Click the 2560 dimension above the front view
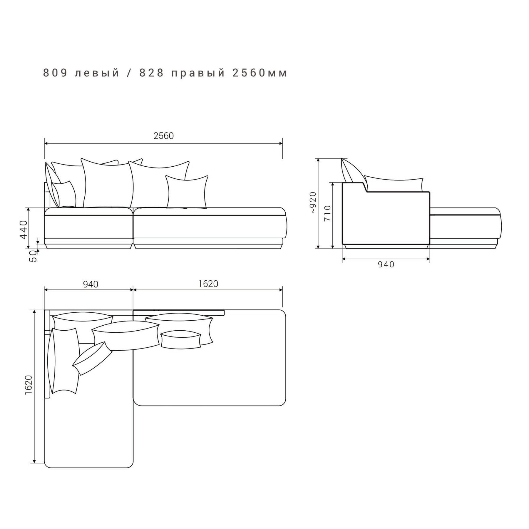click(x=164, y=136)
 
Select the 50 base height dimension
click(x=34, y=256)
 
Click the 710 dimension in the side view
click(x=327, y=213)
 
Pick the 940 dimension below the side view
click(x=386, y=264)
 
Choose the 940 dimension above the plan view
click(x=91, y=284)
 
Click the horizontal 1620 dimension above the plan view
click(x=208, y=284)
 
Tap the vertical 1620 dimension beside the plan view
click(x=29, y=385)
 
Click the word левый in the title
click(x=97, y=73)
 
